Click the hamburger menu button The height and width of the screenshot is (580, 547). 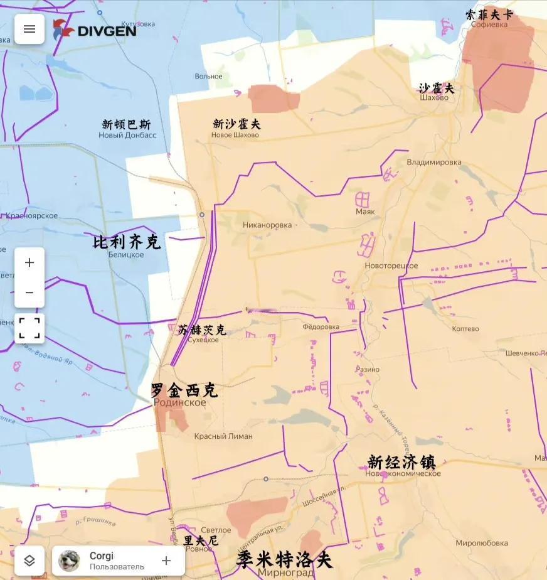point(29,29)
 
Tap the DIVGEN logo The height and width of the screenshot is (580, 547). point(95,30)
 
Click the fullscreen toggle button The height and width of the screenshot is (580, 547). point(29,328)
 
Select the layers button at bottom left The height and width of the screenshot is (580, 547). point(29,561)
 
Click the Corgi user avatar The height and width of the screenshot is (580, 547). point(69,561)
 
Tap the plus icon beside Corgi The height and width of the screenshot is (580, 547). point(166,561)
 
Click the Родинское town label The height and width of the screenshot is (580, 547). point(181,403)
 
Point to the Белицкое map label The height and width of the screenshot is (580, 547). point(126,254)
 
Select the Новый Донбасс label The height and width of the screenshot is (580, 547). point(127,135)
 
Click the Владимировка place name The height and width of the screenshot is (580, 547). point(434,162)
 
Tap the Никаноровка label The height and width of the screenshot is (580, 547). point(267,225)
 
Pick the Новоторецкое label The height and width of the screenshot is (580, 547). point(391,266)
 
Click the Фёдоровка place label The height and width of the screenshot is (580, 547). point(321,326)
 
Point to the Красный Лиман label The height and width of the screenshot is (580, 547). point(223,436)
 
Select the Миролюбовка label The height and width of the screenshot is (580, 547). point(482,543)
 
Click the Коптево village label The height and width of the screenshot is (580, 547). point(465,328)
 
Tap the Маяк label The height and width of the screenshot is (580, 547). point(365,212)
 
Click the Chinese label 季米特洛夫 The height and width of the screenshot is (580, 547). point(284,559)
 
